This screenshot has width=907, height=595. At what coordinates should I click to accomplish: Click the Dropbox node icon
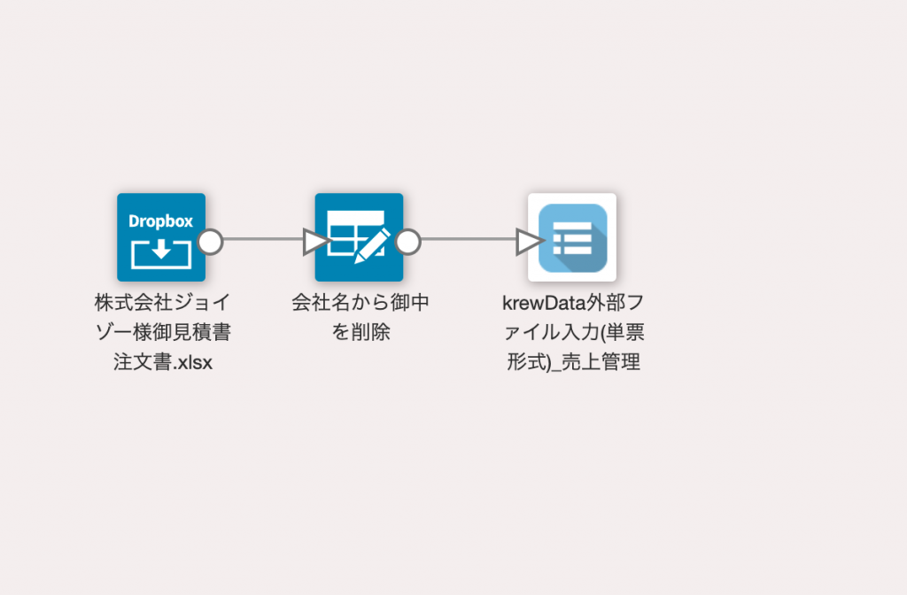coord(161,237)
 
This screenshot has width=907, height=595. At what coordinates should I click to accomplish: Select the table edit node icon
coord(359,237)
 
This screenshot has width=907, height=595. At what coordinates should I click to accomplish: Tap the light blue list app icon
coord(572,237)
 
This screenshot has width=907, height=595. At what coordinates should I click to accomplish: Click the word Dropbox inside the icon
coord(161,220)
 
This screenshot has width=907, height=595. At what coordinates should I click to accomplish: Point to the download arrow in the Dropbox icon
coord(161,249)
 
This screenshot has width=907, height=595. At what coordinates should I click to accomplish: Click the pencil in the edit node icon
coord(371,247)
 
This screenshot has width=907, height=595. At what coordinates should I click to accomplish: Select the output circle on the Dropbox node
coord(210,242)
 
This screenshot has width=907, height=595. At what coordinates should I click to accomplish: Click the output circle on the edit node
coord(407,242)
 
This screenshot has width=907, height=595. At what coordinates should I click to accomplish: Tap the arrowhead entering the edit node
coord(315,242)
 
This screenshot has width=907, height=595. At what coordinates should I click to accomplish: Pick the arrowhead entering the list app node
coord(529,242)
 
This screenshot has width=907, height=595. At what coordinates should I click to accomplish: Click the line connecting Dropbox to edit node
coord(263,239)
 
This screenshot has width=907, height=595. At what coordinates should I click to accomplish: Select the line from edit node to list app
coord(469,239)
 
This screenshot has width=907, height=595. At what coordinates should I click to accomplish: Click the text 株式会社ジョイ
coord(163,302)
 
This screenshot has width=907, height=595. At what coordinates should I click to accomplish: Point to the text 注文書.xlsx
coord(163,362)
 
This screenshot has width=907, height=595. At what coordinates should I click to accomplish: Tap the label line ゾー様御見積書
coord(163,332)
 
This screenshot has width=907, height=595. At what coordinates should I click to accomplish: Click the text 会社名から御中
coord(360,302)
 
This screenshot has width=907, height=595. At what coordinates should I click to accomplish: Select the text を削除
coord(360,332)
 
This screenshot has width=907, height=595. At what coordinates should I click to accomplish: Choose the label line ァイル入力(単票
coord(574,332)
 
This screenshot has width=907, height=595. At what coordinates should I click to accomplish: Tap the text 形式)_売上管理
coord(573,362)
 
